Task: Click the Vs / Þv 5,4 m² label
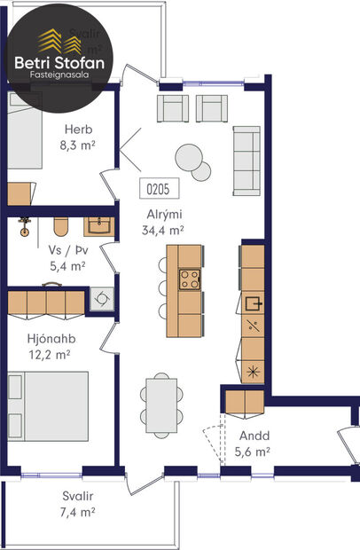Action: (x=67, y=257)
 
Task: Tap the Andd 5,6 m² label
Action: (x=252, y=444)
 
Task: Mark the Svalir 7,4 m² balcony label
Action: (x=78, y=504)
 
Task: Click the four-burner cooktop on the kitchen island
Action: (x=190, y=279)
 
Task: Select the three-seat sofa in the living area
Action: (x=246, y=161)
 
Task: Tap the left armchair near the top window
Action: (x=173, y=107)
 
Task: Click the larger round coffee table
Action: (x=189, y=157)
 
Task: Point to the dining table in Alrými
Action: (x=161, y=402)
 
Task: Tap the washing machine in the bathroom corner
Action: (x=102, y=299)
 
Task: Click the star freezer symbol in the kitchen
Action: (x=253, y=370)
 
